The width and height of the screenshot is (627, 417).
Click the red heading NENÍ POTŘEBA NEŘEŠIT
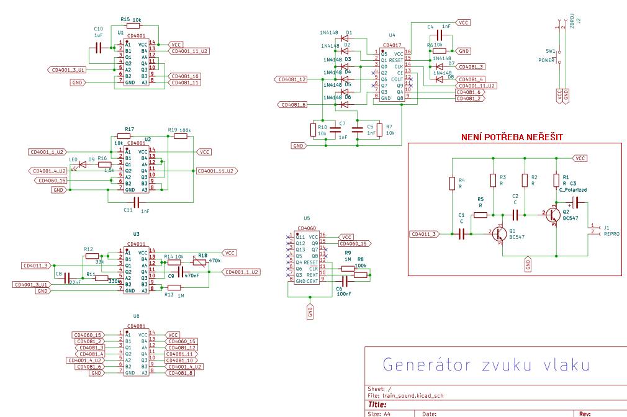tap(512, 137)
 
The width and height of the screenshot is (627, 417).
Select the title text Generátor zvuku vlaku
tap(485, 365)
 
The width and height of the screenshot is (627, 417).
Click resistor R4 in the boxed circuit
tap(453, 184)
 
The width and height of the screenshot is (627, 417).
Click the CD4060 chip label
tap(306, 228)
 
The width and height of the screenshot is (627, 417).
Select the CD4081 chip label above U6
tap(136, 326)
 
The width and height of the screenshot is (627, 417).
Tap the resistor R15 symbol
tap(136, 26)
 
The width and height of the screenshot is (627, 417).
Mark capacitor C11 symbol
tap(129, 202)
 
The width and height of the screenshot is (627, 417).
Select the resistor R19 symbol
tap(180, 136)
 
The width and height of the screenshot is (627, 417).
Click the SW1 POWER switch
tap(559, 55)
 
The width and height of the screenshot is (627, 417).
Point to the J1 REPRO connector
tap(594, 230)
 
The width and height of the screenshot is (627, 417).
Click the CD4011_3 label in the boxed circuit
tap(424, 234)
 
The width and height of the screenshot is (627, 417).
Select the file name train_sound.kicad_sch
tap(413, 395)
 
